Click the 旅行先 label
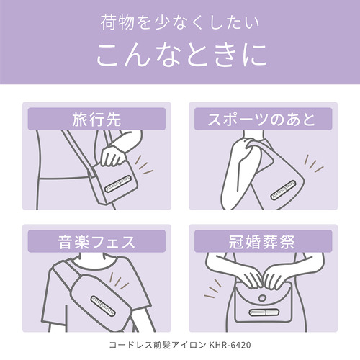[x=96, y=120]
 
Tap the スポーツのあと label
[x=261, y=120]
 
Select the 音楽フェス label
[x=96, y=241]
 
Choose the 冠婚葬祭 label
[x=261, y=241]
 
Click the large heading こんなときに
[x=181, y=55]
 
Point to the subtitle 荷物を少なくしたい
[x=180, y=23]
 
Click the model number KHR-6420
[x=230, y=345]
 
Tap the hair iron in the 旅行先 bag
[x=118, y=184]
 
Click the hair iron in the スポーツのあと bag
[x=283, y=190]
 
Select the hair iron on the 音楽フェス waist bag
[x=103, y=306]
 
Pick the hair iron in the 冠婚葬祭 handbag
[x=264, y=312]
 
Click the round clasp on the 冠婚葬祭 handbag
[x=262, y=298]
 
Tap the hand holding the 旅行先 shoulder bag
[x=113, y=156]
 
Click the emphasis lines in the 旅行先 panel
[x=143, y=165]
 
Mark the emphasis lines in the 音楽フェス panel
[x=119, y=281]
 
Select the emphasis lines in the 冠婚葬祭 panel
[x=212, y=289]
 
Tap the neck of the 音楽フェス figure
[x=92, y=257]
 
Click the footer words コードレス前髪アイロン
[x=158, y=345]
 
